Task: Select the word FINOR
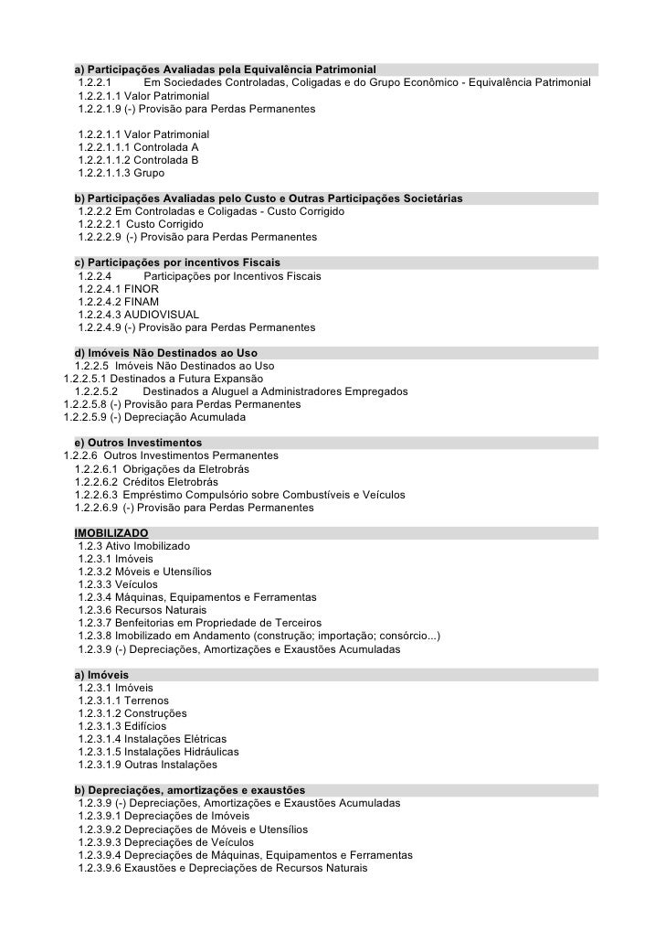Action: click(x=142, y=288)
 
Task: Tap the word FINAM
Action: click(x=142, y=301)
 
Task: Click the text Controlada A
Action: click(x=166, y=146)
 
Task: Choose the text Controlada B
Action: click(x=166, y=159)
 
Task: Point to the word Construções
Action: click(x=155, y=713)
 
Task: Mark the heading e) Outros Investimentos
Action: click(x=138, y=443)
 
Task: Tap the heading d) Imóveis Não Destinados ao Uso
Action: click(x=164, y=353)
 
